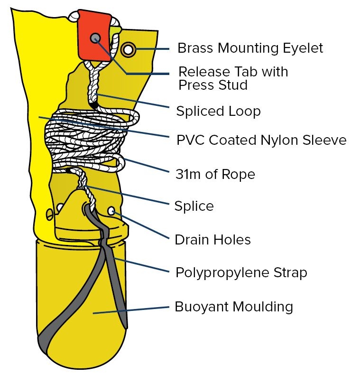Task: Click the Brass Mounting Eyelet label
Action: [x=249, y=48]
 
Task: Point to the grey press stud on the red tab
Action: [x=95, y=37]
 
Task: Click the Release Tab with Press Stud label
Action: [x=233, y=78]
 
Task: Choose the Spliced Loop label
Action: [x=218, y=111]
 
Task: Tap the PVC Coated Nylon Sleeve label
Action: [x=261, y=141]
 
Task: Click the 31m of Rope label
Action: [x=215, y=174]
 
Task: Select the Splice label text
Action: [x=194, y=206]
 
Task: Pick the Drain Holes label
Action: [x=212, y=240]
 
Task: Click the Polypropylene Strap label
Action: [x=241, y=273]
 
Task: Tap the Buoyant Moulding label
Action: [x=234, y=307]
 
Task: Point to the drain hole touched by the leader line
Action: [x=112, y=210]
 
